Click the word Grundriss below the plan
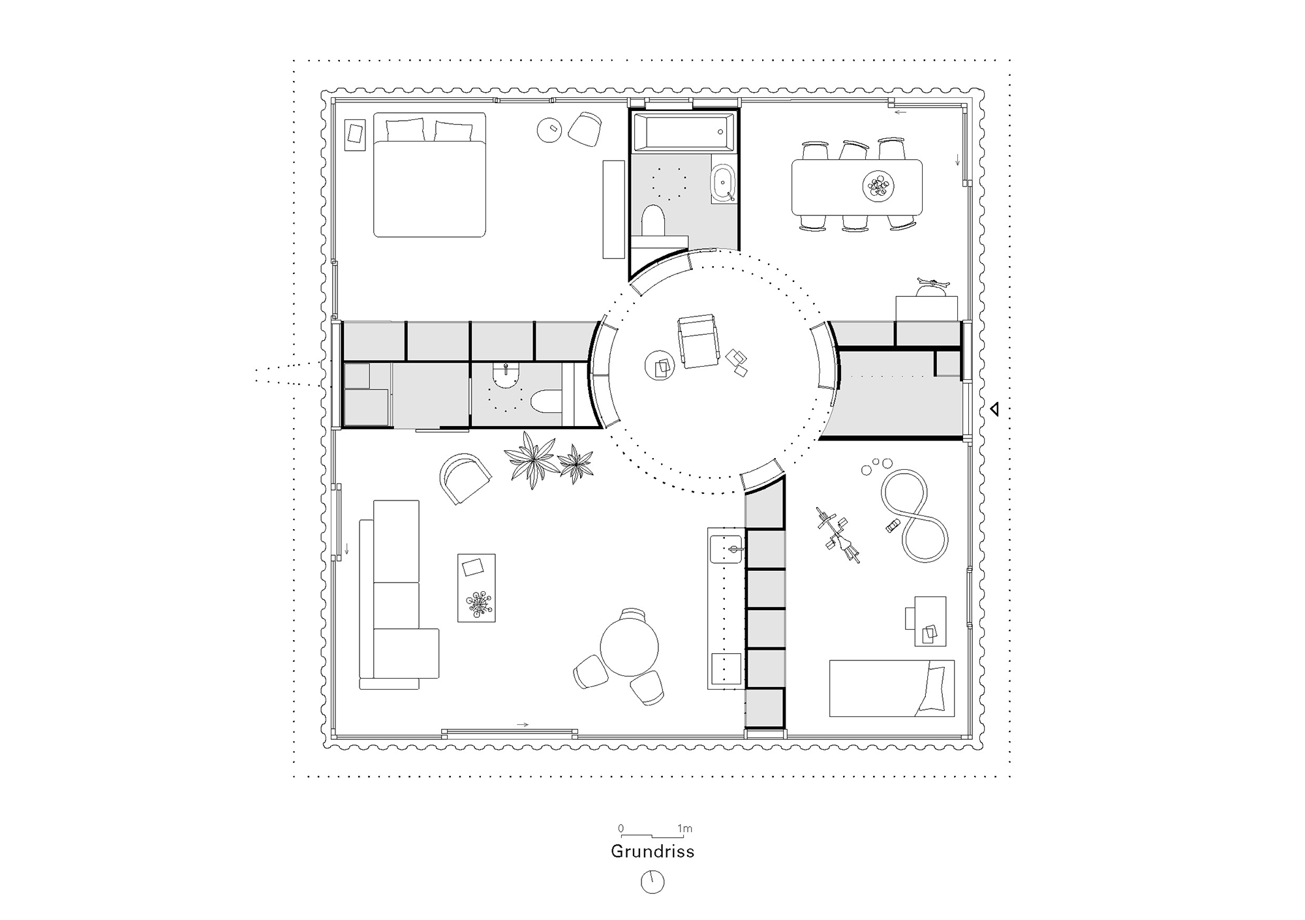pyautogui.click(x=652, y=851)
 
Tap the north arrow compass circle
pyautogui.click(x=652, y=882)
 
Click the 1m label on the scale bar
pyautogui.click(x=684, y=829)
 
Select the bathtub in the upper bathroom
pyautogui.click(x=684, y=132)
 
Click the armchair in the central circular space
pyautogui.click(x=697, y=341)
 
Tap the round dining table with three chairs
pyautogui.click(x=629, y=647)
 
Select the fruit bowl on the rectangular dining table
pyautogui.click(x=878, y=187)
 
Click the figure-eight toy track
pyautogui.click(x=913, y=515)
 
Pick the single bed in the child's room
pyautogui.click(x=891, y=688)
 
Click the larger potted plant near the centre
pyautogui.click(x=531, y=459)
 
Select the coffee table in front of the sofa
pyautogui.click(x=476, y=587)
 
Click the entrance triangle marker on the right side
pyautogui.click(x=994, y=410)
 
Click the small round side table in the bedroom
pyautogui.click(x=549, y=130)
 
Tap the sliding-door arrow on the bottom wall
pyautogui.click(x=522, y=724)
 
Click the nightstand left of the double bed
pyautogui.click(x=356, y=135)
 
